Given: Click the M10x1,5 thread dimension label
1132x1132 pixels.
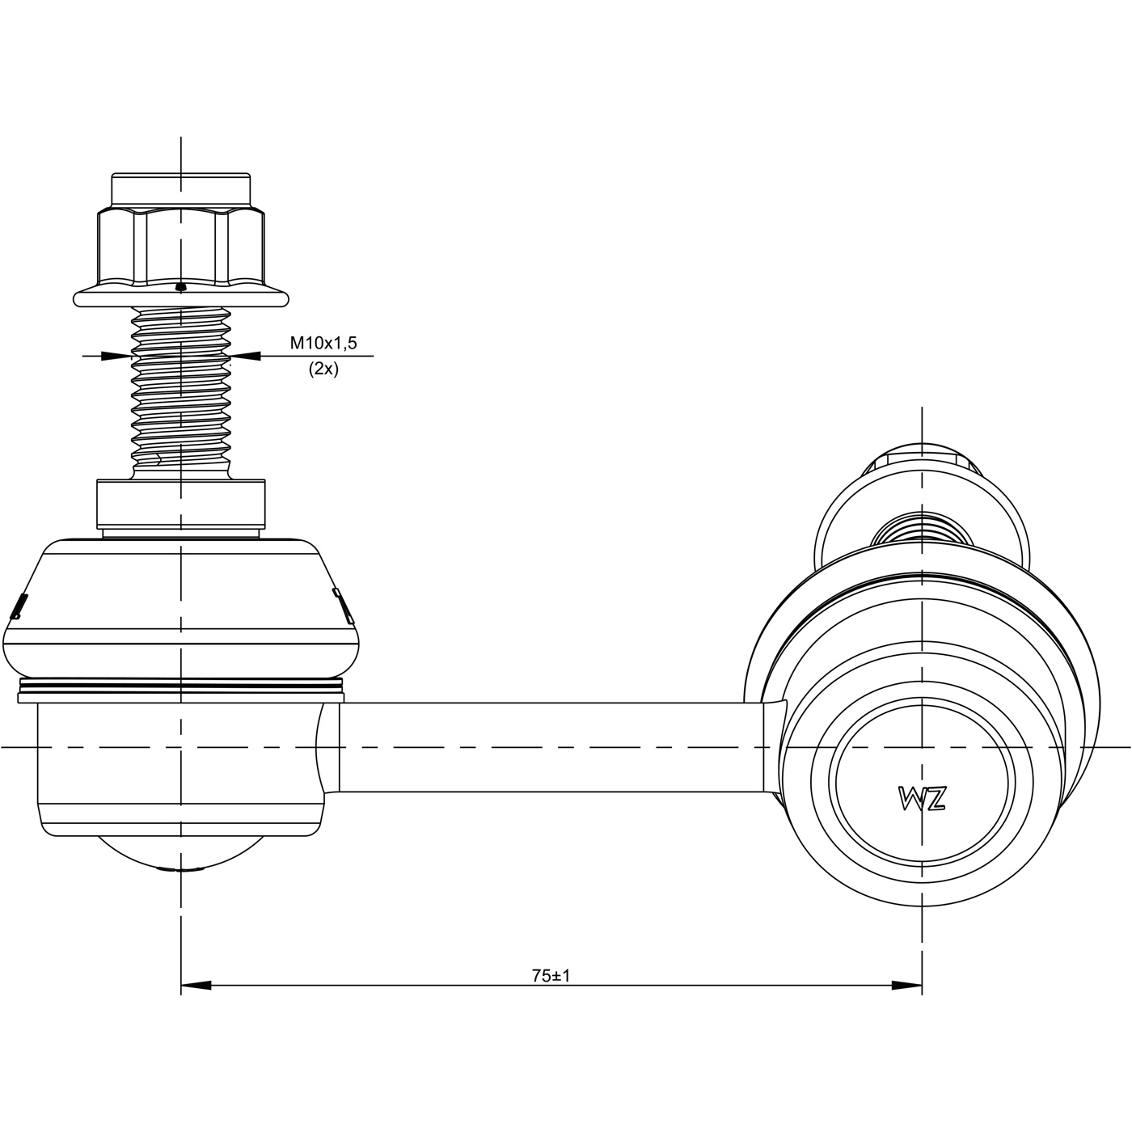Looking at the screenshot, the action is [x=323, y=343].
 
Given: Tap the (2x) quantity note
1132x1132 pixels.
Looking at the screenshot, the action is [x=323, y=369].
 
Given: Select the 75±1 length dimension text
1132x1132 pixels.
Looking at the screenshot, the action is [x=551, y=976].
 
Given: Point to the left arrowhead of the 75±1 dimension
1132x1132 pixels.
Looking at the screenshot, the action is [x=196, y=985].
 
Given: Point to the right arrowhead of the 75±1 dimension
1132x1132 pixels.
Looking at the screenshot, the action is [x=906, y=985].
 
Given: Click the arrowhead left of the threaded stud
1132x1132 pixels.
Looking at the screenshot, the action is [x=116, y=356].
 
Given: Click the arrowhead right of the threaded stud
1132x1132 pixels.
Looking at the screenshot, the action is [x=246, y=356].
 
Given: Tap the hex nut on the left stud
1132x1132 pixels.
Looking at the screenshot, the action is [x=181, y=247].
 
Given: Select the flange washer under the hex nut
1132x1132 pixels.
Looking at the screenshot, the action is [x=181, y=296].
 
